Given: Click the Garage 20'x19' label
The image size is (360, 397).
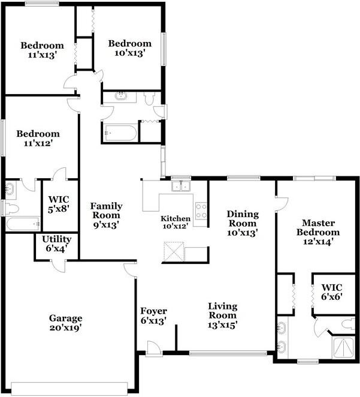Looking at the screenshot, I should pos(65,323).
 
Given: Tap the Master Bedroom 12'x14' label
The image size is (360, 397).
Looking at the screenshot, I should pos(320,232).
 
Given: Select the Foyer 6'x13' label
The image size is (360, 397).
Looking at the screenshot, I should pos(153,315).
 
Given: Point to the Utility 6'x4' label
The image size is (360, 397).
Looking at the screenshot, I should pos(55,243).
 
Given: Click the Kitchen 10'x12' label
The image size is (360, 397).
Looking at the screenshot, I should pos(176,222).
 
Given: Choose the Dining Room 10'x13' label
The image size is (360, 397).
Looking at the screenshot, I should pos(243,223).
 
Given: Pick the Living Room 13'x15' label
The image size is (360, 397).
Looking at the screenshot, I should pos(222,315).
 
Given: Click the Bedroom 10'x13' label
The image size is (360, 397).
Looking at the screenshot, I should pos(129,48).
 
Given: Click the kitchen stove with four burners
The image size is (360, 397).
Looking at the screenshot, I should pos(202,211).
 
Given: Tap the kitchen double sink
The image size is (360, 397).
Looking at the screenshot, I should pos(180,186).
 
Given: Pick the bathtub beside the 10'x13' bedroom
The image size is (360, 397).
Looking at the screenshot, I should pos(121,133).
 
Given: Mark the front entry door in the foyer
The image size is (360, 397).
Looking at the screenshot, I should pos(153,348).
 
